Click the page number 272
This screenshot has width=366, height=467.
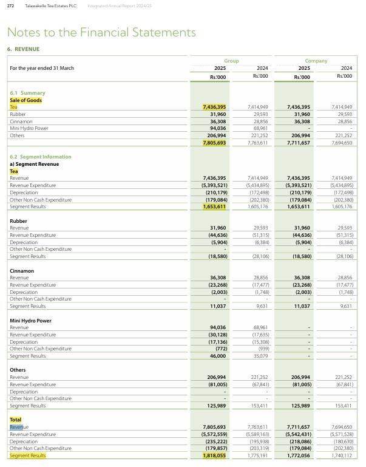click(x=10, y=5)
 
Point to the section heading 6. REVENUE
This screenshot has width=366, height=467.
click(x=23, y=49)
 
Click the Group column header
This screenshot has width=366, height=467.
click(x=231, y=61)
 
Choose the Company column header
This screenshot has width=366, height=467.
click(x=316, y=61)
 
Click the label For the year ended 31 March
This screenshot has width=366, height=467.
click(x=42, y=68)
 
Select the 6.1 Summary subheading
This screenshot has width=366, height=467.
click(x=27, y=93)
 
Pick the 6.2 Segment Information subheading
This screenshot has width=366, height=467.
click(x=41, y=157)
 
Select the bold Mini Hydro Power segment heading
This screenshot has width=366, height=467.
click(x=30, y=321)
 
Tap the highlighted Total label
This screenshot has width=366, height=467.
click(x=16, y=420)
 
